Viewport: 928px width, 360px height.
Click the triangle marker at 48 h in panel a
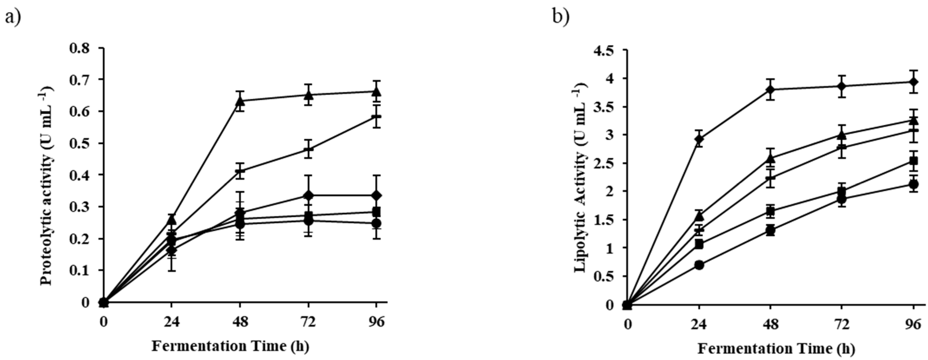[x=240, y=101]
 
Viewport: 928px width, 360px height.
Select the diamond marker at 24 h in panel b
[x=699, y=139]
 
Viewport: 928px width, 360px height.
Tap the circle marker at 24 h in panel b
[x=699, y=265]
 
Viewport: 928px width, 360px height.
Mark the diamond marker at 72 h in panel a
[x=308, y=195]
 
